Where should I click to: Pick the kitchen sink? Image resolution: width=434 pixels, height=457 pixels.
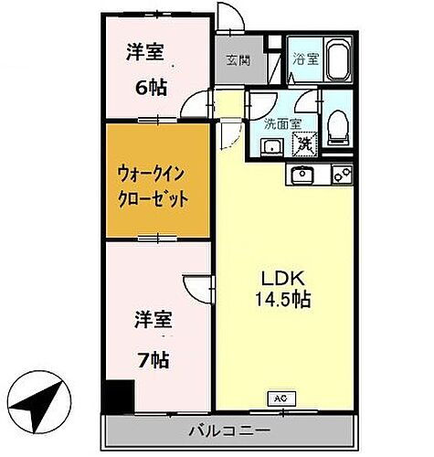(x=302, y=174)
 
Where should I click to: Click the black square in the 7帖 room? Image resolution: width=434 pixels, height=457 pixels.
(x=118, y=396)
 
